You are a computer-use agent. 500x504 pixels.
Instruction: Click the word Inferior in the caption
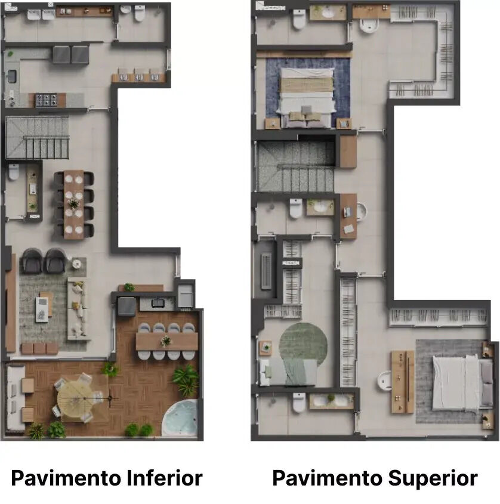(x=164, y=478)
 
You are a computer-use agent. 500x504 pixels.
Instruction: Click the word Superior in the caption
(x=433, y=478)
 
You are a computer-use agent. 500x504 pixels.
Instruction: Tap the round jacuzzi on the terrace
(x=180, y=418)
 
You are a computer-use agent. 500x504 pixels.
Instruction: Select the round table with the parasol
(x=76, y=399)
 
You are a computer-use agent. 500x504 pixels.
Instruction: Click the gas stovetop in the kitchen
(x=47, y=100)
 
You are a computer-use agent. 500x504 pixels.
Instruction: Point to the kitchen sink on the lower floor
(x=11, y=76)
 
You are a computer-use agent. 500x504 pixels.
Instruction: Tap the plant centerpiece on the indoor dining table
(x=73, y=203)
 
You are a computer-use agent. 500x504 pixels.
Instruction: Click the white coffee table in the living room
(x=42, y=309)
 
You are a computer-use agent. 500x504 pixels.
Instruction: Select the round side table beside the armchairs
(x=76, y=264)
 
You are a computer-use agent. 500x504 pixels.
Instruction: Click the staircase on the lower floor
(x=38, y=138)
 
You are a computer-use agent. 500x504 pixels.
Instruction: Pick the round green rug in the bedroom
(x=303, y=344)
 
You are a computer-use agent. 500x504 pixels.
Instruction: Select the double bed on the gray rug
(x=462, y=382)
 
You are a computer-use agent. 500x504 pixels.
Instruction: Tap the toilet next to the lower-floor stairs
(x=14, y=172)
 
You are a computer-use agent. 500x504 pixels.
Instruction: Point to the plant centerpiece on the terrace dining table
(x=166, y=341)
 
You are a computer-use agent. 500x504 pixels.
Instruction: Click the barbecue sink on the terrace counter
(x=158, y=303)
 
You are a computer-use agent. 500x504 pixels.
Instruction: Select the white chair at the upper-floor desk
(x=362, y=212)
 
